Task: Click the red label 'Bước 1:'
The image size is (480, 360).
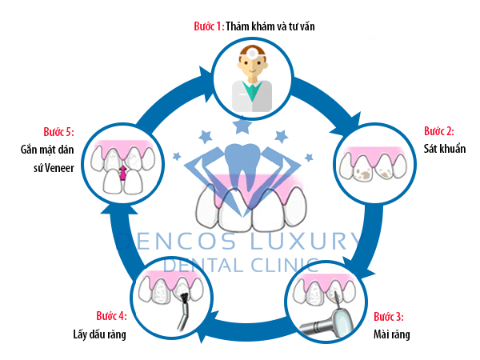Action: (208, 26)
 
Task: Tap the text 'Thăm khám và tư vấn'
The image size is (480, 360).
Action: (272, 26)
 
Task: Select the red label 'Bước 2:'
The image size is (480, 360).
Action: (438, 130)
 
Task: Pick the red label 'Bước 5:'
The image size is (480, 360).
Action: (58, 131)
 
